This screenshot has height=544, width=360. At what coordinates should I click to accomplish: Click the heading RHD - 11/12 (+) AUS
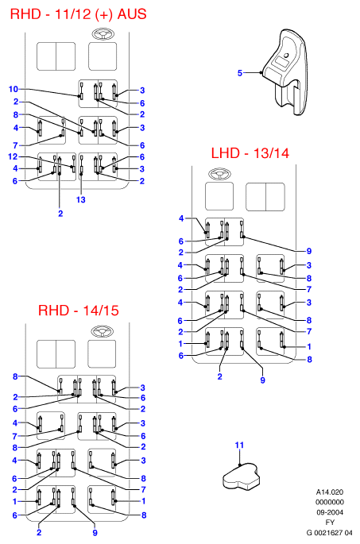[78, 14]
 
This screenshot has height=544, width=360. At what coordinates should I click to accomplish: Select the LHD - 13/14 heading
[250, 153]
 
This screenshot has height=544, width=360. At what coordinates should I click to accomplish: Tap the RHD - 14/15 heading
[79, 311]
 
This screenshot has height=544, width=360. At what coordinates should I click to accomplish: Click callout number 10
[14, 89]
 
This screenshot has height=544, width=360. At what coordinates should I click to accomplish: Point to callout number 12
[13, 156]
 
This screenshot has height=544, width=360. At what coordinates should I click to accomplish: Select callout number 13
[80, 199]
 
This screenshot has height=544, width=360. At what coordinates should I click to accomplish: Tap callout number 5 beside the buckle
[239, 73]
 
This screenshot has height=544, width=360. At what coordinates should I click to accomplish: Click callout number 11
[239, 445]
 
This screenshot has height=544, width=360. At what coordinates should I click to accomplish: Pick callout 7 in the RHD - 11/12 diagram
[15, 145]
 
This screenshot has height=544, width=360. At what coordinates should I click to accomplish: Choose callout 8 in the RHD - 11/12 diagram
[16, 114]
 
